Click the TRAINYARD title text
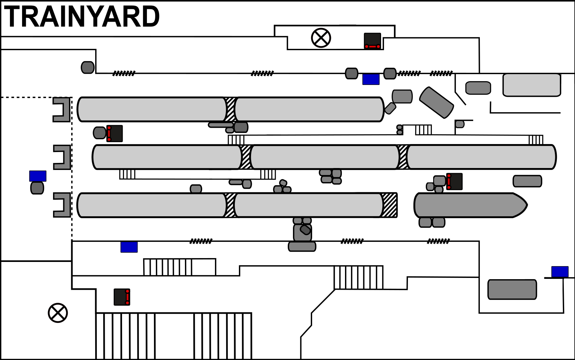(x=82, y=17)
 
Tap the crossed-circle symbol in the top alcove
(x=321, y=38)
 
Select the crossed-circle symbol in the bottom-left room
(x=58, y=313)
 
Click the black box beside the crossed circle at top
(x=372, y=41)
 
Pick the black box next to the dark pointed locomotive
(x=454, y=181)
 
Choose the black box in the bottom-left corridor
(x=122, y=297)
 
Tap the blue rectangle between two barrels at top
(x=371, y=79)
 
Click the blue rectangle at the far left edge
(x=38, y=176)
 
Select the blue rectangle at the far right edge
(x=560, y=272)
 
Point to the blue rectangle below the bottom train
(x=129, y=247)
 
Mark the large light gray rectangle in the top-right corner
(x=532, y=85)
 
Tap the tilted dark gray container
(x=436, y=103)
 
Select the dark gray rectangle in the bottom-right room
(x=512, y=289)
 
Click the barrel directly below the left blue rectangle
(x=37, y=188)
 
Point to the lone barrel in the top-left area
(x=88, y=67)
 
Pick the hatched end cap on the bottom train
(x=389, y=205)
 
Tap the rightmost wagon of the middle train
(x=481, y=157)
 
